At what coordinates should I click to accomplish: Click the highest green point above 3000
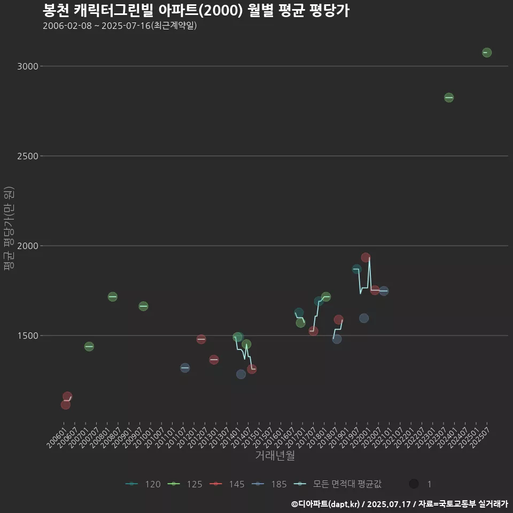click(486, 52)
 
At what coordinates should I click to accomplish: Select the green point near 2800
click(449, 98)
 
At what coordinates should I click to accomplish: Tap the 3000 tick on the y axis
click(27, 66)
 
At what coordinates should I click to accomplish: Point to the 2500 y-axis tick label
click(27, 156)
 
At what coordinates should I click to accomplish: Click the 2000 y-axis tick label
click(27, 246)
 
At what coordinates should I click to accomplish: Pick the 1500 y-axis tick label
click(27, 336)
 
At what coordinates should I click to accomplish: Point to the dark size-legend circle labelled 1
click(414, 484)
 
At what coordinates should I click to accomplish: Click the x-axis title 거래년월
click(275, 456)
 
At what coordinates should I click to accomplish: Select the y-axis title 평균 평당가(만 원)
click(8, 229)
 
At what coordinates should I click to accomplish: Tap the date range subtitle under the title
click(120, 26)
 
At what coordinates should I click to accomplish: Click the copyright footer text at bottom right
click(399, 504)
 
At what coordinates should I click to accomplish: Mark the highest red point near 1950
click(366, 258)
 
